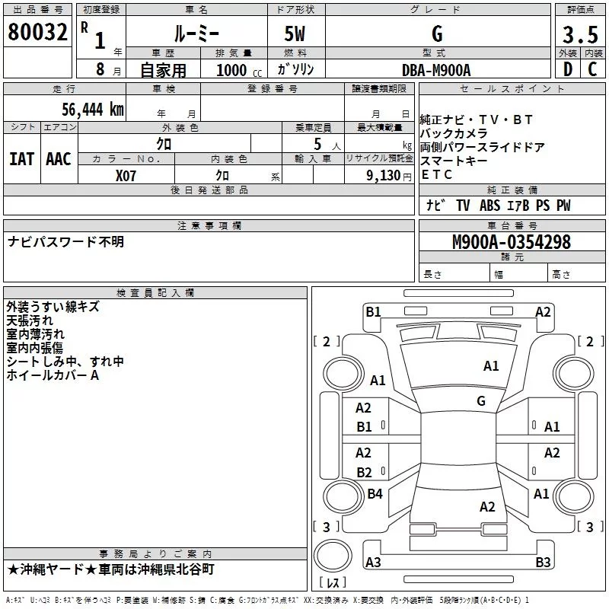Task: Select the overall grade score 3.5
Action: point(579,35)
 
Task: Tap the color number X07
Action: point(126,175)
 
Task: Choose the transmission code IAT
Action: point(21,158)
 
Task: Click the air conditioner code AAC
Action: point(58,158)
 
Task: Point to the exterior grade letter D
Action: point(567,69)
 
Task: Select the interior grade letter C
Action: point(592,69)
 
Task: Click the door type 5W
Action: point(295,35)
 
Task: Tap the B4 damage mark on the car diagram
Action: point(375,494)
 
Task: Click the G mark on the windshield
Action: point(481,400)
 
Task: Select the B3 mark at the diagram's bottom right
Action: point(543,563)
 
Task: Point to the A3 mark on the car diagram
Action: point(373,563)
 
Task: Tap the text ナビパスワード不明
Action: point(65,242)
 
